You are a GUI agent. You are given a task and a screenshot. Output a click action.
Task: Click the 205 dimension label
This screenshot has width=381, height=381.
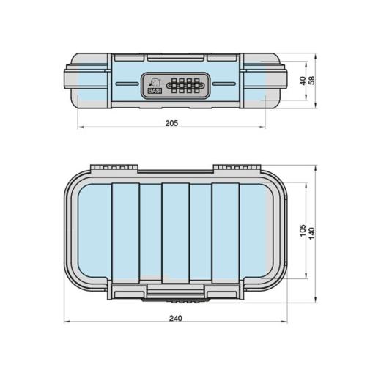coord(171,123)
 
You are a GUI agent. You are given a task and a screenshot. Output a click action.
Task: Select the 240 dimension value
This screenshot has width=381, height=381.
coord(176,318)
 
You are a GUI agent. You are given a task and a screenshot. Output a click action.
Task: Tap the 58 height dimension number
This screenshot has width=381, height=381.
coord(312,81)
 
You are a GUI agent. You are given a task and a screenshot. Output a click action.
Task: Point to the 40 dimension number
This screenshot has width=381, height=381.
coord(303,81)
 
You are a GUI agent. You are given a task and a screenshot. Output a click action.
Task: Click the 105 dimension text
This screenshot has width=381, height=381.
coord(303,230)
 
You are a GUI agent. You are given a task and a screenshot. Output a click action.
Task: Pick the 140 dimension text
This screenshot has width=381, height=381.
coord(312,233)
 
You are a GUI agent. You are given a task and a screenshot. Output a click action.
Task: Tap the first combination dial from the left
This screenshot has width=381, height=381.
coord(174,86)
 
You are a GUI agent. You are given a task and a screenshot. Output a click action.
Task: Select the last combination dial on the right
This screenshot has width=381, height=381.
coord(196,86)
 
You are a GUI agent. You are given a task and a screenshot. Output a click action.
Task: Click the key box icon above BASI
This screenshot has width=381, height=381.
coord(155,82)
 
